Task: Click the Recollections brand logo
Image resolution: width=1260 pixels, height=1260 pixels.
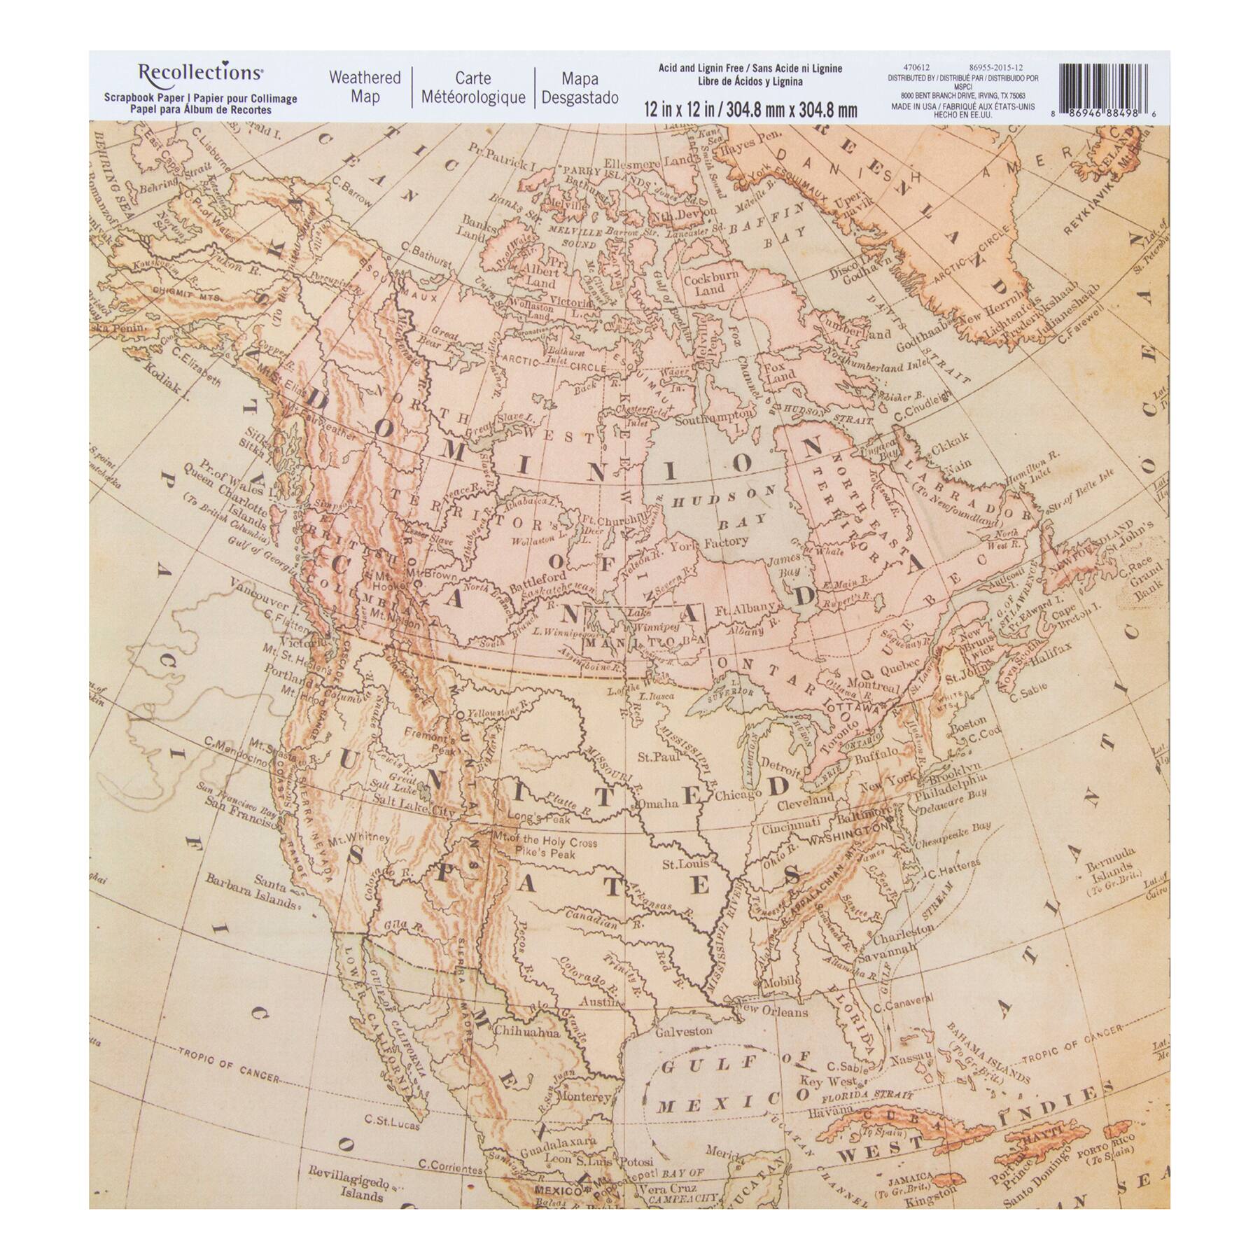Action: click(200, 72)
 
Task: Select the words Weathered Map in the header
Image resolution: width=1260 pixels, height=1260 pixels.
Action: click(365, 87)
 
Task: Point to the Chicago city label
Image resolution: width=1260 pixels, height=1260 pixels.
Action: click(737, 794)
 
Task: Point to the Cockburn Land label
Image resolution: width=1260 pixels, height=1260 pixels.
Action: click(710, 283)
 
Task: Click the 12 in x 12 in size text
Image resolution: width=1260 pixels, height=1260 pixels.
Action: click(750, 109)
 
